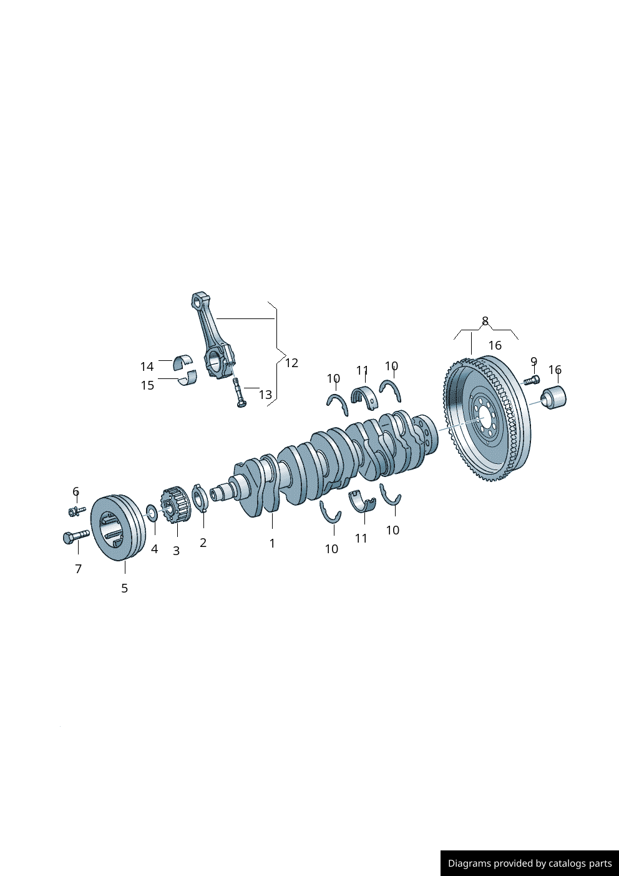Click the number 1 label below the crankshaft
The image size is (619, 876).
(x=272, y=544)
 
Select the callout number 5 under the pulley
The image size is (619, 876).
(x=124, y=588)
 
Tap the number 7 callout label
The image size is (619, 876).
(x=78, y=569)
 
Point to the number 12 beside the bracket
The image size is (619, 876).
(x=291, y=363)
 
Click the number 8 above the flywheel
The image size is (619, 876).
(x=485, y=322)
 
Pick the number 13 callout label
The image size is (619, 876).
(x=265, y=395)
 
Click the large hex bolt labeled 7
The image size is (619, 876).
(x=76, y=536)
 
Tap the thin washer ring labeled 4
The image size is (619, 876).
(x=152, y=513)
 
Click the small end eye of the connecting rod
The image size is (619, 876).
(x=199, y=301)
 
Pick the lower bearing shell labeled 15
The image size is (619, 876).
(x=188, y=377)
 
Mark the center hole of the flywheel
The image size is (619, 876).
(x=484, y=420)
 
